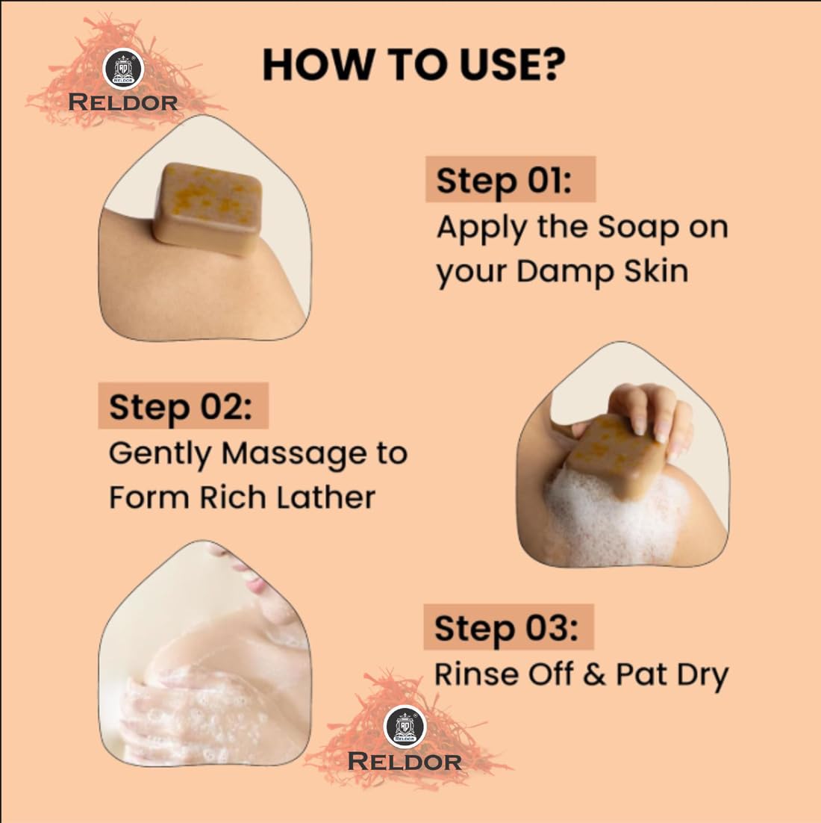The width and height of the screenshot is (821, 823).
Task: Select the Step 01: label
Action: (504, 180)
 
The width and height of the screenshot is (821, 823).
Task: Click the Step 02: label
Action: (181, 407)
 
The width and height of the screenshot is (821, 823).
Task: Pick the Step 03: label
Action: (506, 628)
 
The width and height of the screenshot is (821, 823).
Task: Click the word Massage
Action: (294, 453)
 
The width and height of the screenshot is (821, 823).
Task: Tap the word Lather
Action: (325, 497)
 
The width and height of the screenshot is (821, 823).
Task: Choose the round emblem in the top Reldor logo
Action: (122, 69)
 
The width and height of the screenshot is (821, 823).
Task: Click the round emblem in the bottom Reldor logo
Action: (405, 727)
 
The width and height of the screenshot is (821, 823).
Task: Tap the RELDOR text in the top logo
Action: (122, 103)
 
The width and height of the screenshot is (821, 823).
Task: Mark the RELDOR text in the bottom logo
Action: (405, 762)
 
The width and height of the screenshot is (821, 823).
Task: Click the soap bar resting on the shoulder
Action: (207, 208)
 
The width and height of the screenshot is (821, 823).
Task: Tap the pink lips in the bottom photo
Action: (257, 584)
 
